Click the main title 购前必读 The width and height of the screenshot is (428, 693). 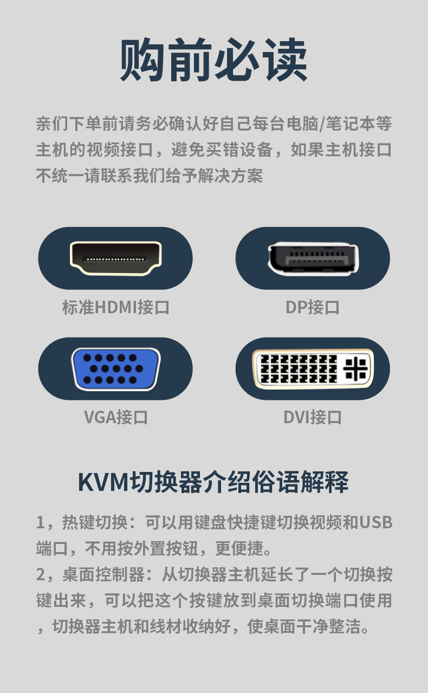pos(213,60)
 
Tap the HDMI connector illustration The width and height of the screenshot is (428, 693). pos(115,258)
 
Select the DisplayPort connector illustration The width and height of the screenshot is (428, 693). pos(313,258)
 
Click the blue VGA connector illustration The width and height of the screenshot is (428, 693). pos(115,369)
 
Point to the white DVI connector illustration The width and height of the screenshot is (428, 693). pos(313,368)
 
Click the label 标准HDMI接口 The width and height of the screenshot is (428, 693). pos(115,308)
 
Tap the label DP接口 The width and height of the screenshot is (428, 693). pos(313,308)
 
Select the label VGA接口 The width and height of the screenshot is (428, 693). pos(115,417)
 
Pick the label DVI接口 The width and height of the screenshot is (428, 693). pos(313,417)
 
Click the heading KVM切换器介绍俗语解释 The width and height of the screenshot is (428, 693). pos(213,482)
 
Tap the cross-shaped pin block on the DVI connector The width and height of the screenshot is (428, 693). pos(355,368)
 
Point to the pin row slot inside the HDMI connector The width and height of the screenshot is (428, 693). pos(115,259)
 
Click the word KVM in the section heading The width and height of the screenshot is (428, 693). pos(103,482)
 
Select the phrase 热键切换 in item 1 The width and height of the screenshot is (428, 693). pos(95,522)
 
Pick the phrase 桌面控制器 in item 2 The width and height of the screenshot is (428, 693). pos(103,574)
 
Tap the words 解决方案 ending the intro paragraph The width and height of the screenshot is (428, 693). pos(230,176)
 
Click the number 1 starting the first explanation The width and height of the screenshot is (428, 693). pos(40,522)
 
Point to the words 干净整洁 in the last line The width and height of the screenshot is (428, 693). pos(328,626)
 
